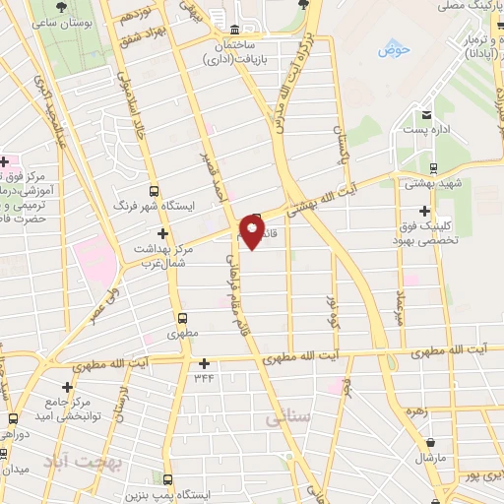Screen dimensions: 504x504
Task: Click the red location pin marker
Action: coord(252,233)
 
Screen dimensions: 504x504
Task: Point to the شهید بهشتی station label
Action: coord(431,183)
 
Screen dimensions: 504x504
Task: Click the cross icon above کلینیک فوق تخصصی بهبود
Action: coord(425,211)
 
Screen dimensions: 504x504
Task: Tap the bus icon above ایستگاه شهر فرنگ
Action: coord(153,191)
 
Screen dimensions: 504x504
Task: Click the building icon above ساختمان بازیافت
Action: coord(233,30)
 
